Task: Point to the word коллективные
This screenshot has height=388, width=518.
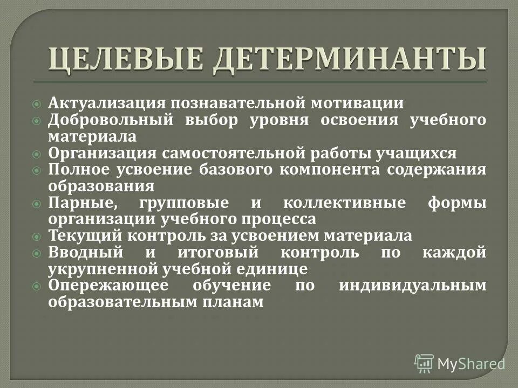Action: click(344, 204)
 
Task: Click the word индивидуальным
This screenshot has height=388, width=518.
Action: click(412, 286)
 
